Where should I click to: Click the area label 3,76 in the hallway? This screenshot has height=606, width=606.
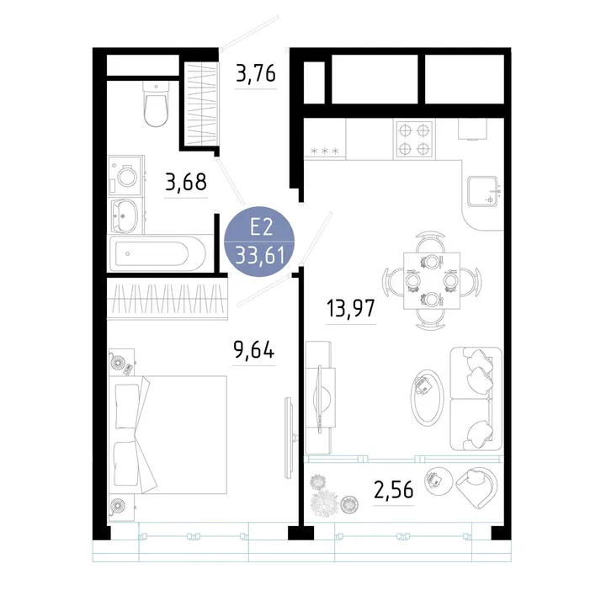[256, 73]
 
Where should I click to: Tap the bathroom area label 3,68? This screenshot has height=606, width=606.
[186, 182]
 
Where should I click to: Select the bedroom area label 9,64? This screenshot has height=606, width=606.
[254, 350]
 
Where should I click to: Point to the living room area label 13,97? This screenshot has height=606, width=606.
[351, 308]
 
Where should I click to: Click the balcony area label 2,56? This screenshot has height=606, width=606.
[393, 489]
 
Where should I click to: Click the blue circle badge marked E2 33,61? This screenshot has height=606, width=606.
[259, 242]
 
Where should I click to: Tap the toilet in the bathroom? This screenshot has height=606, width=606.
[157, 104]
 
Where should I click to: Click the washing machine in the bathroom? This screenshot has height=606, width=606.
[126, 176]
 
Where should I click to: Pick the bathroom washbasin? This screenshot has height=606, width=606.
[125, 216]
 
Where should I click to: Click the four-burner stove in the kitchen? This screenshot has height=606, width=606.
[414, 139]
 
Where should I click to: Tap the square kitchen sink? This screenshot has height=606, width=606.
[483, 191]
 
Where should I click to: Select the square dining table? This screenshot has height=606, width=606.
[432, 280]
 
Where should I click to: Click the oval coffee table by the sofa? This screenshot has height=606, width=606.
[427, 397]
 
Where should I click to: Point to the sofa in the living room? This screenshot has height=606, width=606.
[476, 399]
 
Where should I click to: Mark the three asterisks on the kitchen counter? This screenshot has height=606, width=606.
[325, 151]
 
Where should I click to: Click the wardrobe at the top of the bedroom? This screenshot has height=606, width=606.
[167, 298]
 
